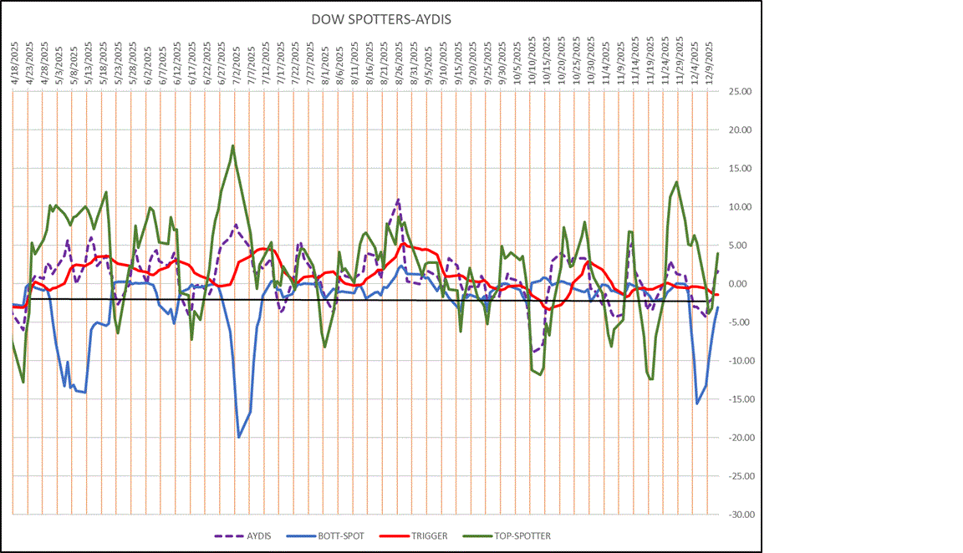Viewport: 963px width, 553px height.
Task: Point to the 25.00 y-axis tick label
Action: point(740,92)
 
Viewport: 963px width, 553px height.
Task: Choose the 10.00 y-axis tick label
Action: point(740,207)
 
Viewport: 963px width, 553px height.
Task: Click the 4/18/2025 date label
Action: point(15,58)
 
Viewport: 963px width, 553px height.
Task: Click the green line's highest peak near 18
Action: point(232,146)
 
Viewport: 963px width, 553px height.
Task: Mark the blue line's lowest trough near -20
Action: point(239,437)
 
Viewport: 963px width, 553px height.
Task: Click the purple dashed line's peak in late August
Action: point(398,200)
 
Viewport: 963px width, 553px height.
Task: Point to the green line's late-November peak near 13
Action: point(676,182)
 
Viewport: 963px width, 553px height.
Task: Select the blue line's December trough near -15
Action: point(697,403)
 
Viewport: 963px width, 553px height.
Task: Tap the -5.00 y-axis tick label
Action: point(740,322)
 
